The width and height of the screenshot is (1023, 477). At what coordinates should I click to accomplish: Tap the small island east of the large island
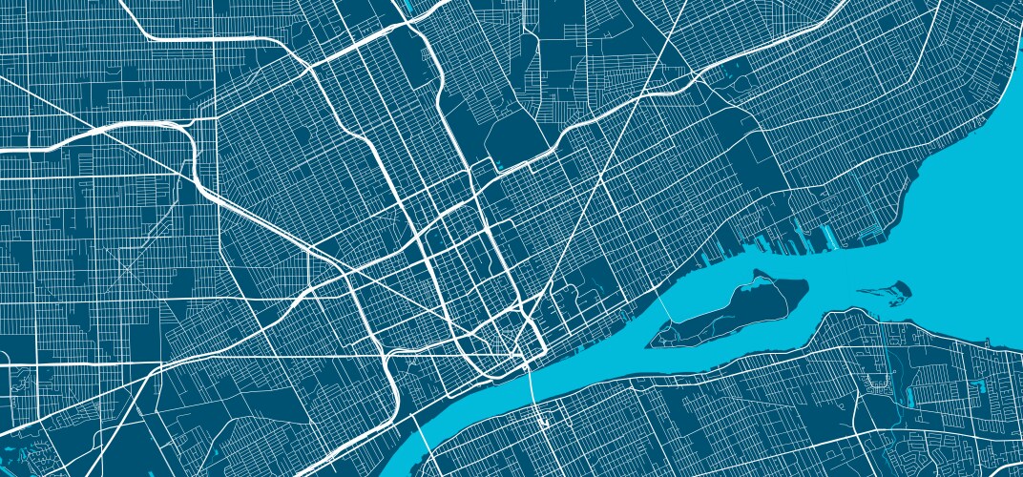pos(887,289)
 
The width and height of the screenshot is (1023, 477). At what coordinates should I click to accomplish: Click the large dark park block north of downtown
pos(515,134)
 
